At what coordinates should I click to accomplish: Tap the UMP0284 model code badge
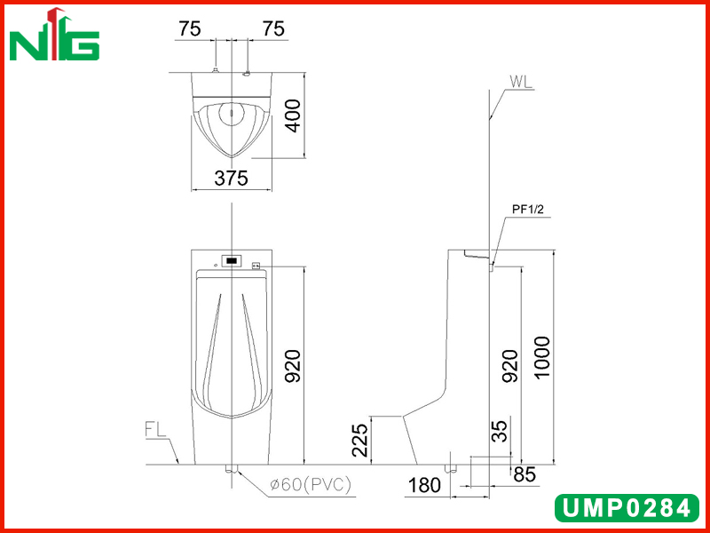click(x=627, y=508)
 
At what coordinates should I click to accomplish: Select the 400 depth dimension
click(x=294, y=115)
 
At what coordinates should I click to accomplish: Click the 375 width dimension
click(x=232, y=179)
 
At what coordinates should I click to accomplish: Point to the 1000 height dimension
click(x=541, y=357)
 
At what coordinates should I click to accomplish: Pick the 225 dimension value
click(x=361, y=440)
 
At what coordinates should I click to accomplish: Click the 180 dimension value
click(x=424, y=485)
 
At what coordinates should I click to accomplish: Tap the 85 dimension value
click(x=525, y=474)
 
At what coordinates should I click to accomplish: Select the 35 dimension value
click(x=500, y=432)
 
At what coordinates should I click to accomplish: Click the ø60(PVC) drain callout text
click(x=310, y=485)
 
